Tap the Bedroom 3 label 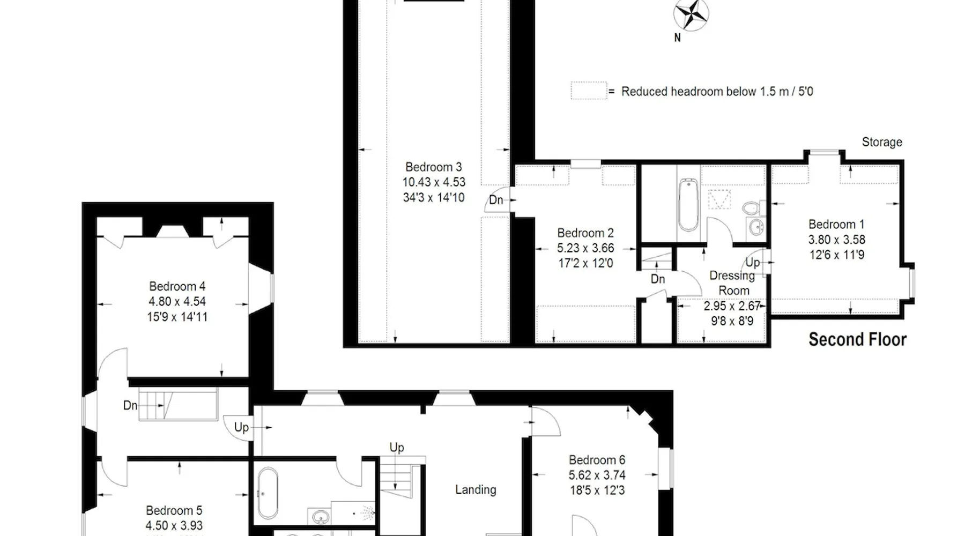[433, 167]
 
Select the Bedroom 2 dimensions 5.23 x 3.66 [585, 248]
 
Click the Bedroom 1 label [836, 224]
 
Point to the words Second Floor [857, 339]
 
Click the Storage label [882, 142]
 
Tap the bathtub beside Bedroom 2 [688, 204]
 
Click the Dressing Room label [733, 283]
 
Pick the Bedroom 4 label [177, 286]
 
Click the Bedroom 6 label [597, 460]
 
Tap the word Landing [476, 489]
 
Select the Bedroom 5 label [174, 510]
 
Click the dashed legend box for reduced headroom [589, 91]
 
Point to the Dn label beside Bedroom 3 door [496, 200]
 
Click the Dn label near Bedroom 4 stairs [130, 405]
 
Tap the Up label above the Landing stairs [397, 448]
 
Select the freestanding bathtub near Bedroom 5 [267, 494]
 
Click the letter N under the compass [677, 38]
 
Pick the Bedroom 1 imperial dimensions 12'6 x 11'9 [836, 255]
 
